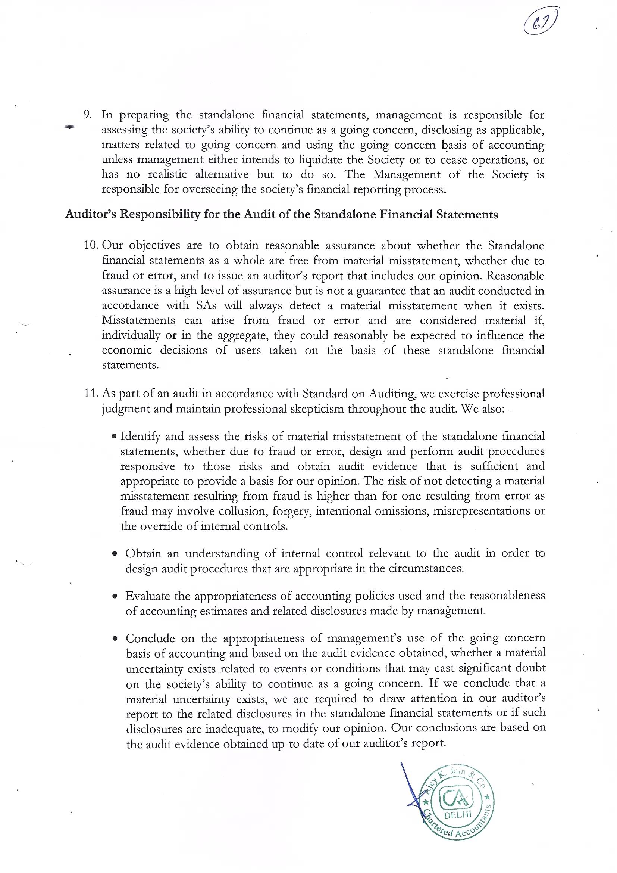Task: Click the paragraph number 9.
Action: (88, 115)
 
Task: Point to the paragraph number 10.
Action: (91, 245)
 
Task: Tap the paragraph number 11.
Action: (91, 393)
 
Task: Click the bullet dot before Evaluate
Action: (115, 596)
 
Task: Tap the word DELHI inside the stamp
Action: (457, 814)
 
